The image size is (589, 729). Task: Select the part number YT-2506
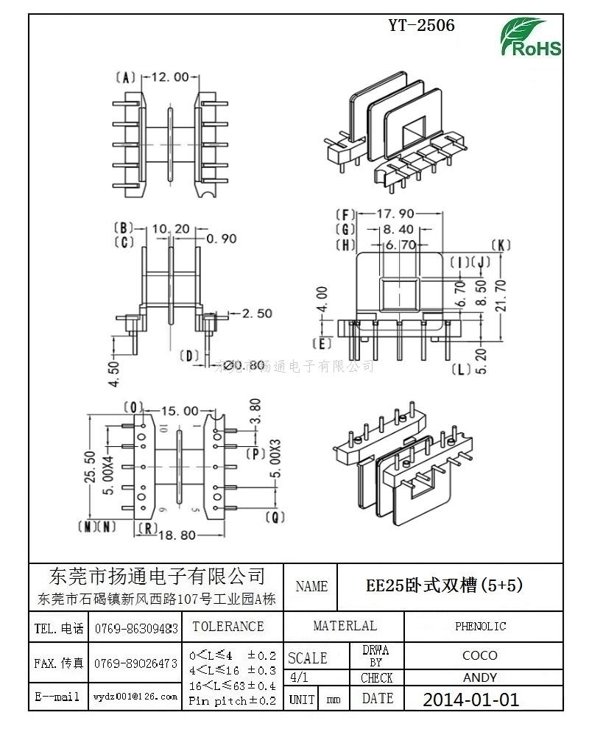[421, 25]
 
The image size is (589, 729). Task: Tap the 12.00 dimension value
[170, 77]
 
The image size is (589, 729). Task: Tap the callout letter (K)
[500, 245]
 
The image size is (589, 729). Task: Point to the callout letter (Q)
[275, 517]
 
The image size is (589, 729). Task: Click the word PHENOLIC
[480, 627]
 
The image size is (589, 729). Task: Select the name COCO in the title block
[480, 655]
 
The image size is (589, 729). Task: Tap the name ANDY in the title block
[480, 677]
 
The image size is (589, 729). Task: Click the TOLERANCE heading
[228, 627]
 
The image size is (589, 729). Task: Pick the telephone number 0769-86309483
[136, 629]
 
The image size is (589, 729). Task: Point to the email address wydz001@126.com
[136, 697]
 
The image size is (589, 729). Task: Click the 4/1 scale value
[300, 677]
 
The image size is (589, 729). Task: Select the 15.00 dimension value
[179, 411]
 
